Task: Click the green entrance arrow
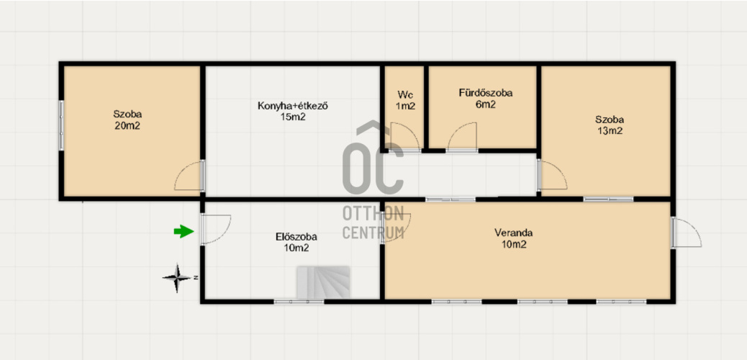tap(184, 232)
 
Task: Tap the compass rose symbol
tap(178, 277)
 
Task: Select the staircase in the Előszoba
tap(323, 283)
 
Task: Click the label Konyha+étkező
tap(293, 106)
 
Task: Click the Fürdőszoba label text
tap(486, 94)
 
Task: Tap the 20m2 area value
tap(127, 126)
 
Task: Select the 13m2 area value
tap(610, 131)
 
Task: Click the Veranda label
tap(514, 233)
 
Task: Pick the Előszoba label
tap(296, 236)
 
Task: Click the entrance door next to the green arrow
tap(215, 230)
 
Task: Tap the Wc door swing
tap(404, 138)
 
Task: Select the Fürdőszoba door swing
tap(461, 138)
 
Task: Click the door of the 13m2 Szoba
tap(553, 176)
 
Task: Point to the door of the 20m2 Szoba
tap(189, 176)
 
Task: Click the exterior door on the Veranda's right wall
tap(686, 233)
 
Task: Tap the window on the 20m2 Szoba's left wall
tap(61, 125)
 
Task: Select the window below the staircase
tap(299, 302)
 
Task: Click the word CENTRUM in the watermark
tap(373, 233)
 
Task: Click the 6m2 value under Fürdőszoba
tap(485, 105)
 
